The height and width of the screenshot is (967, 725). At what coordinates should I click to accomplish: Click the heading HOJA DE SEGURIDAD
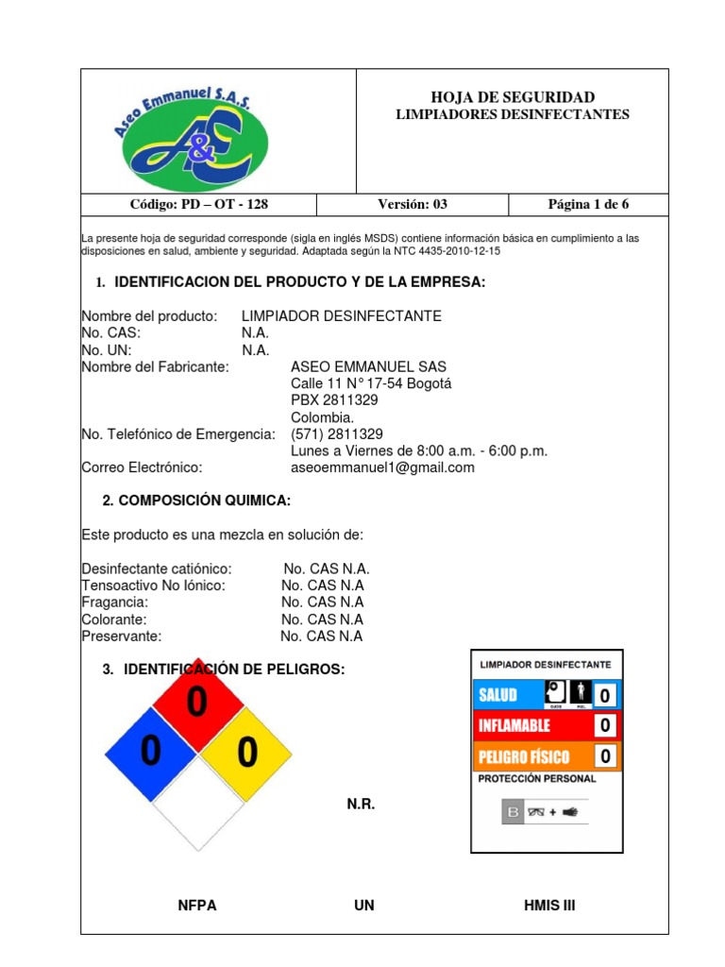coord(513,97)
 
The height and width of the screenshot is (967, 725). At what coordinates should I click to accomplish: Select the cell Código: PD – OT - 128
coord(197,205)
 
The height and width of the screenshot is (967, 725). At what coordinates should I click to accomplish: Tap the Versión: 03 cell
coord(413,205)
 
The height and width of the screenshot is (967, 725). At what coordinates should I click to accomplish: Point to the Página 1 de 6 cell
coord(587,205)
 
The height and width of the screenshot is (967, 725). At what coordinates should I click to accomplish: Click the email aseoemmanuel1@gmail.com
coord(382,467)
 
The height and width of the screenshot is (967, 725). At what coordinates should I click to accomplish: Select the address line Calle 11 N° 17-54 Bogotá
coord(371,383)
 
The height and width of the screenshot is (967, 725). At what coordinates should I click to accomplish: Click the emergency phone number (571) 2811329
coord(337,434)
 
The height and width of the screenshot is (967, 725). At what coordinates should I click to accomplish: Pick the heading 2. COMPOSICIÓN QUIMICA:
coord(196,500)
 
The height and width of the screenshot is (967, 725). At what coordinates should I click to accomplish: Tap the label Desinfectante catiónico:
coord(157,568)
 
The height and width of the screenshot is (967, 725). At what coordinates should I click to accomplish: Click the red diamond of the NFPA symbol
coord(197,703)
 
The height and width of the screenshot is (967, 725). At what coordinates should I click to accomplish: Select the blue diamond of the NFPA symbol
coord(150,752)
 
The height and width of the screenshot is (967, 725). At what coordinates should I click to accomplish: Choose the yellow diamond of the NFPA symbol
coord(246,752)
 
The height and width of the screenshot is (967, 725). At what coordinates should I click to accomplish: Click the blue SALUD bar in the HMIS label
coord(508,696)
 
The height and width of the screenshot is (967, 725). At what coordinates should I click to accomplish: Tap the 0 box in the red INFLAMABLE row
coord(605,726)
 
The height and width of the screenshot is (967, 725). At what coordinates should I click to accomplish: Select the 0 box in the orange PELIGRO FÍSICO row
coord(605,756)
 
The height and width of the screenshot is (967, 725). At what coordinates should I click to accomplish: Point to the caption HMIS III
coord(548,906)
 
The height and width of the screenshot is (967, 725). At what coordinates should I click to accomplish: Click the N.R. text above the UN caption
coord(361,805)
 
